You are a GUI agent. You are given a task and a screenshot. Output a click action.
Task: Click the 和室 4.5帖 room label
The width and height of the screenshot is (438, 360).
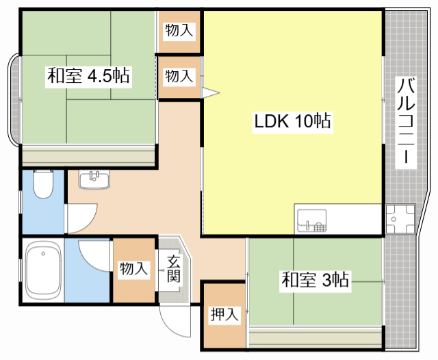(x=88, y=75)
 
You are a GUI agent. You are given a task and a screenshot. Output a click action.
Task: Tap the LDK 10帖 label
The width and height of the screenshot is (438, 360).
(x=292, y=123)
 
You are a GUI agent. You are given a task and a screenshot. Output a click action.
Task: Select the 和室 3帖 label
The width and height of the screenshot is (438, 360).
(x=315, y=280)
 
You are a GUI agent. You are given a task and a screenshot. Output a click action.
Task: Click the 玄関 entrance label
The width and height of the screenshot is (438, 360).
(x=173, y=268)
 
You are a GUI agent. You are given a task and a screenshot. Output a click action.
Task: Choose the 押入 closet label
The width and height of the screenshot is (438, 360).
(x=224, y=315)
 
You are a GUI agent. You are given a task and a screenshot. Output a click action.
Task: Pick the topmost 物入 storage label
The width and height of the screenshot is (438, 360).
(x=179, y=30)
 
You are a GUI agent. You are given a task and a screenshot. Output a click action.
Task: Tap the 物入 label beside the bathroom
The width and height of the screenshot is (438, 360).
(x=133, y=268)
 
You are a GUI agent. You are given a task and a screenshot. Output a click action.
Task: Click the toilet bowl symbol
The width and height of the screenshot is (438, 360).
(x=43, y=185)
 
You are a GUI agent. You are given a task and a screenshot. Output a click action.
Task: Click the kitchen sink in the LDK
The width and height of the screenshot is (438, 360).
(x=311, y=220)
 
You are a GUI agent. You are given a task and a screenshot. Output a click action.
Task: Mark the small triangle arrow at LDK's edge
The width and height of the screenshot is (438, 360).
(x=210, y=92)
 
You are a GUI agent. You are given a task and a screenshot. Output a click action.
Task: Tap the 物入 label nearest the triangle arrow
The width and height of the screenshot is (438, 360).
(x=179, y=76)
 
